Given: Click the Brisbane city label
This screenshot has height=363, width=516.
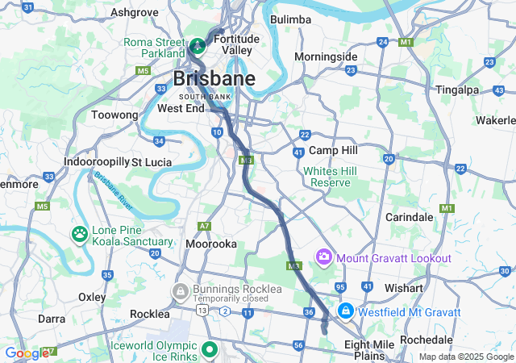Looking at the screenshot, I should [x=214, y=79].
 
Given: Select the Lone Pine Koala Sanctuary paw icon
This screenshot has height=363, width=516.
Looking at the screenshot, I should [x=80, y=234].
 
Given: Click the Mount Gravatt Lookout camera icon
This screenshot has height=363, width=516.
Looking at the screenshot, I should [x=324, y=257].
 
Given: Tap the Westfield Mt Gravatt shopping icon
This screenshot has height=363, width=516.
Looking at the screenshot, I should [x=345, y=311].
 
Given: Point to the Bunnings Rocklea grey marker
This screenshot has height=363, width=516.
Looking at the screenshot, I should [x=180, y=290].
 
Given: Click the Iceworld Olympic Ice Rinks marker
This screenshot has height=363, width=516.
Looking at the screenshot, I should [x=210, y=349].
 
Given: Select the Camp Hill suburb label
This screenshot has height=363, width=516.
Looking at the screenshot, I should [x=334, y=151].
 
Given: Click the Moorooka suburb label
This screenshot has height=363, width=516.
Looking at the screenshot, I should [x=211, y=243].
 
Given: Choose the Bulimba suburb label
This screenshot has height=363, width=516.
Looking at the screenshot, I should [x=291, y=19].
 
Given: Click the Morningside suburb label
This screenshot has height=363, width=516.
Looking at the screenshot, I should [x=325, y=56].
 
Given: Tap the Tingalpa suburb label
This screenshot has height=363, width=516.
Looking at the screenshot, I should [x=457, y=90].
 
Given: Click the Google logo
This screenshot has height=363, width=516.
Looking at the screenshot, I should [x=27, y=353].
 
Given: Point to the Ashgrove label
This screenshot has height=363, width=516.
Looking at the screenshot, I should [x=133, y=12].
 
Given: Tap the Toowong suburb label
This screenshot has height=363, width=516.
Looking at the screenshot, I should [x=115, y=115].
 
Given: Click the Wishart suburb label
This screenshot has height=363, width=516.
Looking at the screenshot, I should [x=403, y=288].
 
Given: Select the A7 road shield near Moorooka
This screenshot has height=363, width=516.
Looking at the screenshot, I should [x=206, y=226].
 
